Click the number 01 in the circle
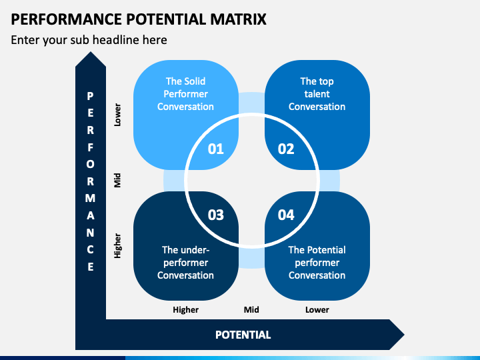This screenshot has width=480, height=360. [x=216, y=149]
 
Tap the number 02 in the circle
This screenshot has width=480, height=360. [x=286, y=149]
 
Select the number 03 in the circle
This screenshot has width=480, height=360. [x=216, y=215]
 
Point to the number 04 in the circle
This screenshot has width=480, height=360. [x=286, y=215]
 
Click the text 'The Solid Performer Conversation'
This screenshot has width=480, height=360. [x=185, y=94]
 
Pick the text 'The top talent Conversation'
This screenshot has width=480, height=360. [x=317, y=94]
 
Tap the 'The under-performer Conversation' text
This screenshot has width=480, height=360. [x=185, y=263]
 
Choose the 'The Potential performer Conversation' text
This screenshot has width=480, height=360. [x=317, y=263]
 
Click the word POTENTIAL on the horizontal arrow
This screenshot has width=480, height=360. [x=243, y=335]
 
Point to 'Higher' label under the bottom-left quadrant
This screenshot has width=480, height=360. [x=185, y=310]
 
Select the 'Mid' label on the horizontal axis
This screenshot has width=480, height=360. [x=251, y=310]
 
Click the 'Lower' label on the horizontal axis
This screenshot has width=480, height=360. [x=317, y=310]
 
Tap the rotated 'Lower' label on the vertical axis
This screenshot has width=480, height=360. [x=117, y=115]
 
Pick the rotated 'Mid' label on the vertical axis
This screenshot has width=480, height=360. [x=117, y=180]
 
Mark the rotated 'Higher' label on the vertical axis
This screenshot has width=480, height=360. [x=117, y=246]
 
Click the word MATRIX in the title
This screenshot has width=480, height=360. [x=238, y=19]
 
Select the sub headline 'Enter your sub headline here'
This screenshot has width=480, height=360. [x=89, y=40]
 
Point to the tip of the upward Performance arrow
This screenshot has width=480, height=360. [x=90, y=52]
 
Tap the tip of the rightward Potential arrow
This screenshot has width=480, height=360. [x=404, y=335]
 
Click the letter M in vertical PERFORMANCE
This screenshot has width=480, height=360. [x=90, y=199]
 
